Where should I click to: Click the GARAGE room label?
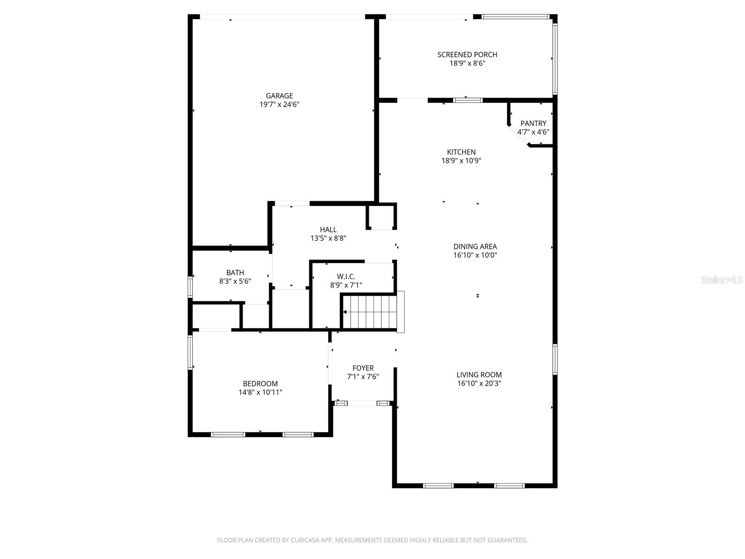pyautogui.click(x=279, y=96)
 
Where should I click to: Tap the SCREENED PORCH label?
pyautogui.click(x=467, y=55)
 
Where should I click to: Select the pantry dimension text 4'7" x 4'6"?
pyautogui.click(x=533, y=132)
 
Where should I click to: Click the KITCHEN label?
pyautogui.click(x=461, y=152)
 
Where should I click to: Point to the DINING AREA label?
pyautogui.click(x=475, y=246)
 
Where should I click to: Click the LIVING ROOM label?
pyautogui.click(x=479, y=375)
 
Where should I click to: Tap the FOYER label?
pyautogui.click(x=363, y=368)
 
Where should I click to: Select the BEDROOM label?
pyautogui.click(x=260, y=383)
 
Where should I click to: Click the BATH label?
pyautogui.click(x=235, y=273)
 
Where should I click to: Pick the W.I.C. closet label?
pyautogui.click(x=346, y=277)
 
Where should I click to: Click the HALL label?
pyautogui.click(x=328, y=230)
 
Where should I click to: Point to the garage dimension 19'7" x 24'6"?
pyautogui.click(x=279, y=105)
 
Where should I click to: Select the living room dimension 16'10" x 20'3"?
pyautogui.click(x=479, y=383)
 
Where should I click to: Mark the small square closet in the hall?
pyautogui.click(x=381, y=217)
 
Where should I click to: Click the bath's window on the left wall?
pyautogui.click(x=190, y=286)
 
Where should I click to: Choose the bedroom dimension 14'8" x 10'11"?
pyautogui.click(x=260, y=392)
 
